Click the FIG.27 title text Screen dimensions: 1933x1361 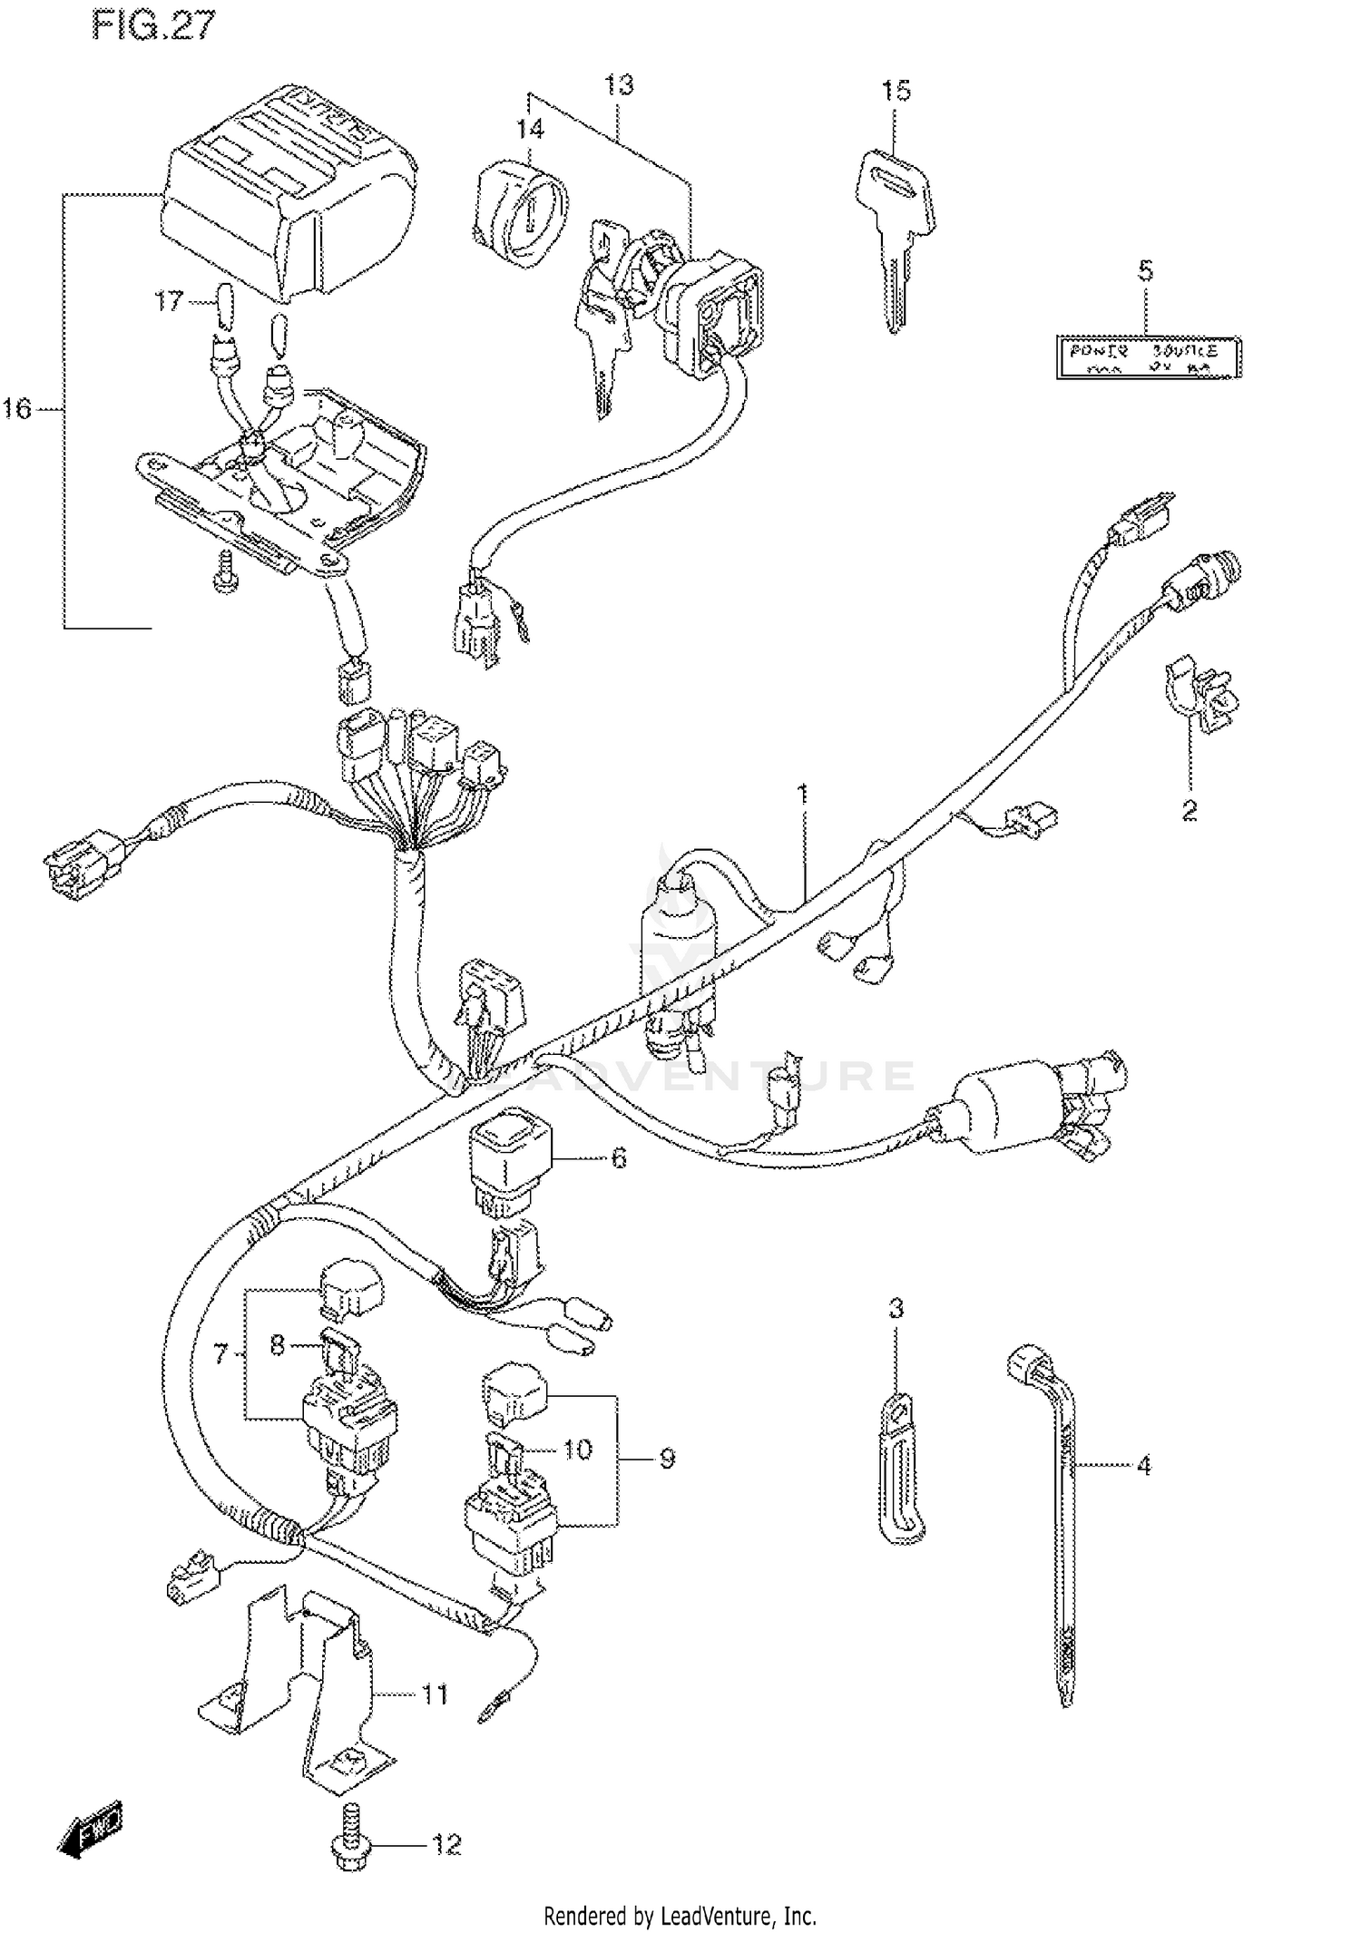[x=153, y=25]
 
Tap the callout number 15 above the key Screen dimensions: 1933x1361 [x=895, y=90]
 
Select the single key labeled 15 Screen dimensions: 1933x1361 [x=894, y=231]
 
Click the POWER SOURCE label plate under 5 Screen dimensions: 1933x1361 [x=1148, y=357]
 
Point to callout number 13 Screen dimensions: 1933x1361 [x=619, y=85]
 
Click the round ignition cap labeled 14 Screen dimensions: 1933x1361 [x=521, y=213]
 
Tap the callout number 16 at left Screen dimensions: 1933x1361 [x=16, y=409]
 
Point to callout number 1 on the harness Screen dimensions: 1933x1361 [x=801, y=795]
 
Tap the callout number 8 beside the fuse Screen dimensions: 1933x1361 [x=277, y=1345]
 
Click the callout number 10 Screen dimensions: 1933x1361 [x=577, y=1449]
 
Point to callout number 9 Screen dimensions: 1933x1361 [x=667, y=1459]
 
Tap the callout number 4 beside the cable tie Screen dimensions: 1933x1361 [x=1143, y=1464]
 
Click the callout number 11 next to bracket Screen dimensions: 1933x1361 [x=435, y=1694]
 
